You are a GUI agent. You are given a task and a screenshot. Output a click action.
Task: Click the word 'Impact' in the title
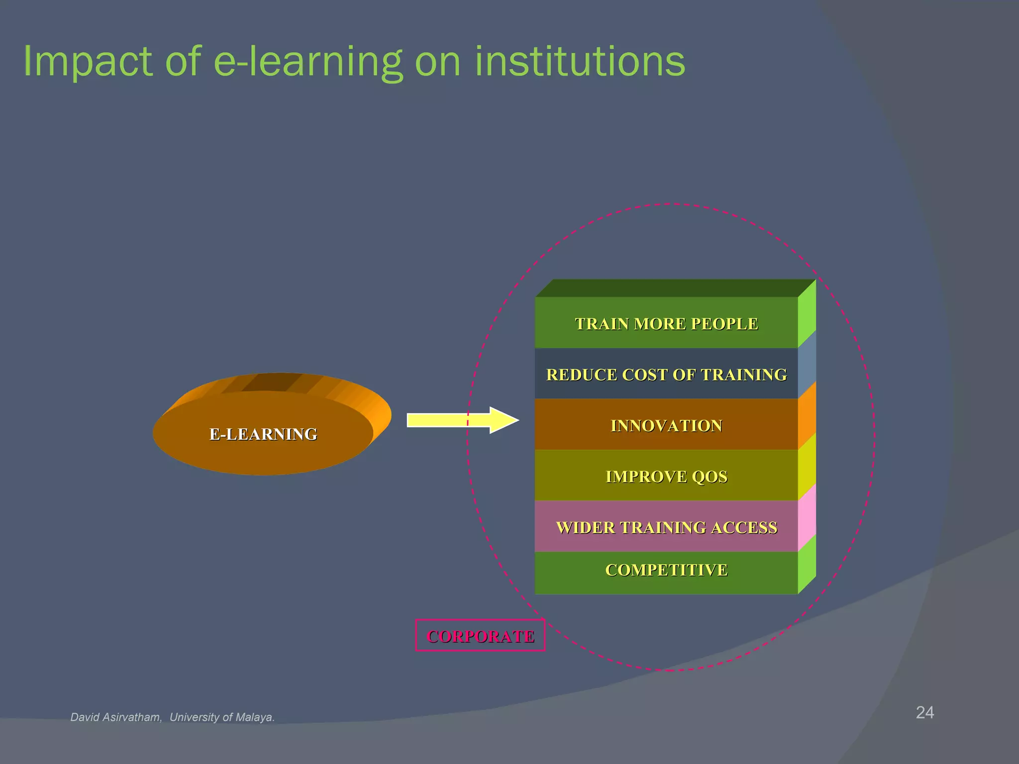tap(88, 62)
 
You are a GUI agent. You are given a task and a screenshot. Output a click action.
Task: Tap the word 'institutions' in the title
tap(580, 62)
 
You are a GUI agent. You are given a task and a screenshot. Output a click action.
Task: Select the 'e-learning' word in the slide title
tap(307, 62)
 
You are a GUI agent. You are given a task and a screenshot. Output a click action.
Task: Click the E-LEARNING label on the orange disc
tap(263, 434)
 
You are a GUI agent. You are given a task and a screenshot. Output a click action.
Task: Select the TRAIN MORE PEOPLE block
tap(666, 324)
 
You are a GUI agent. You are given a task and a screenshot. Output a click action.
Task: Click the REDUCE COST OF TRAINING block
tap(666, 375)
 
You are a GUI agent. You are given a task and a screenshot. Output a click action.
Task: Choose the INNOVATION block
tap(666, 426)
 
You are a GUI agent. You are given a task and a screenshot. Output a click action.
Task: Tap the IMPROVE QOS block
tap(666, 477)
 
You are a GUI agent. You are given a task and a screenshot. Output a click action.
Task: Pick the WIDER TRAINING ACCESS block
tap(666, 527)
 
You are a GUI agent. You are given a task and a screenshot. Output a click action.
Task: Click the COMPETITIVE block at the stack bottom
tap(666, 570)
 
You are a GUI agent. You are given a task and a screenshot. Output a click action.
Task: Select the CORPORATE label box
tap(480, 636)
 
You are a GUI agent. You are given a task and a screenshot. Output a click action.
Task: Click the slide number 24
tap(924, 712)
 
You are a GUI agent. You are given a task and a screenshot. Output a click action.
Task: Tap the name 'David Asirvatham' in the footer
tap(115, 717)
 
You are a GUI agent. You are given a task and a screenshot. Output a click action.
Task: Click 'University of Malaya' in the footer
tap(221, 717)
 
